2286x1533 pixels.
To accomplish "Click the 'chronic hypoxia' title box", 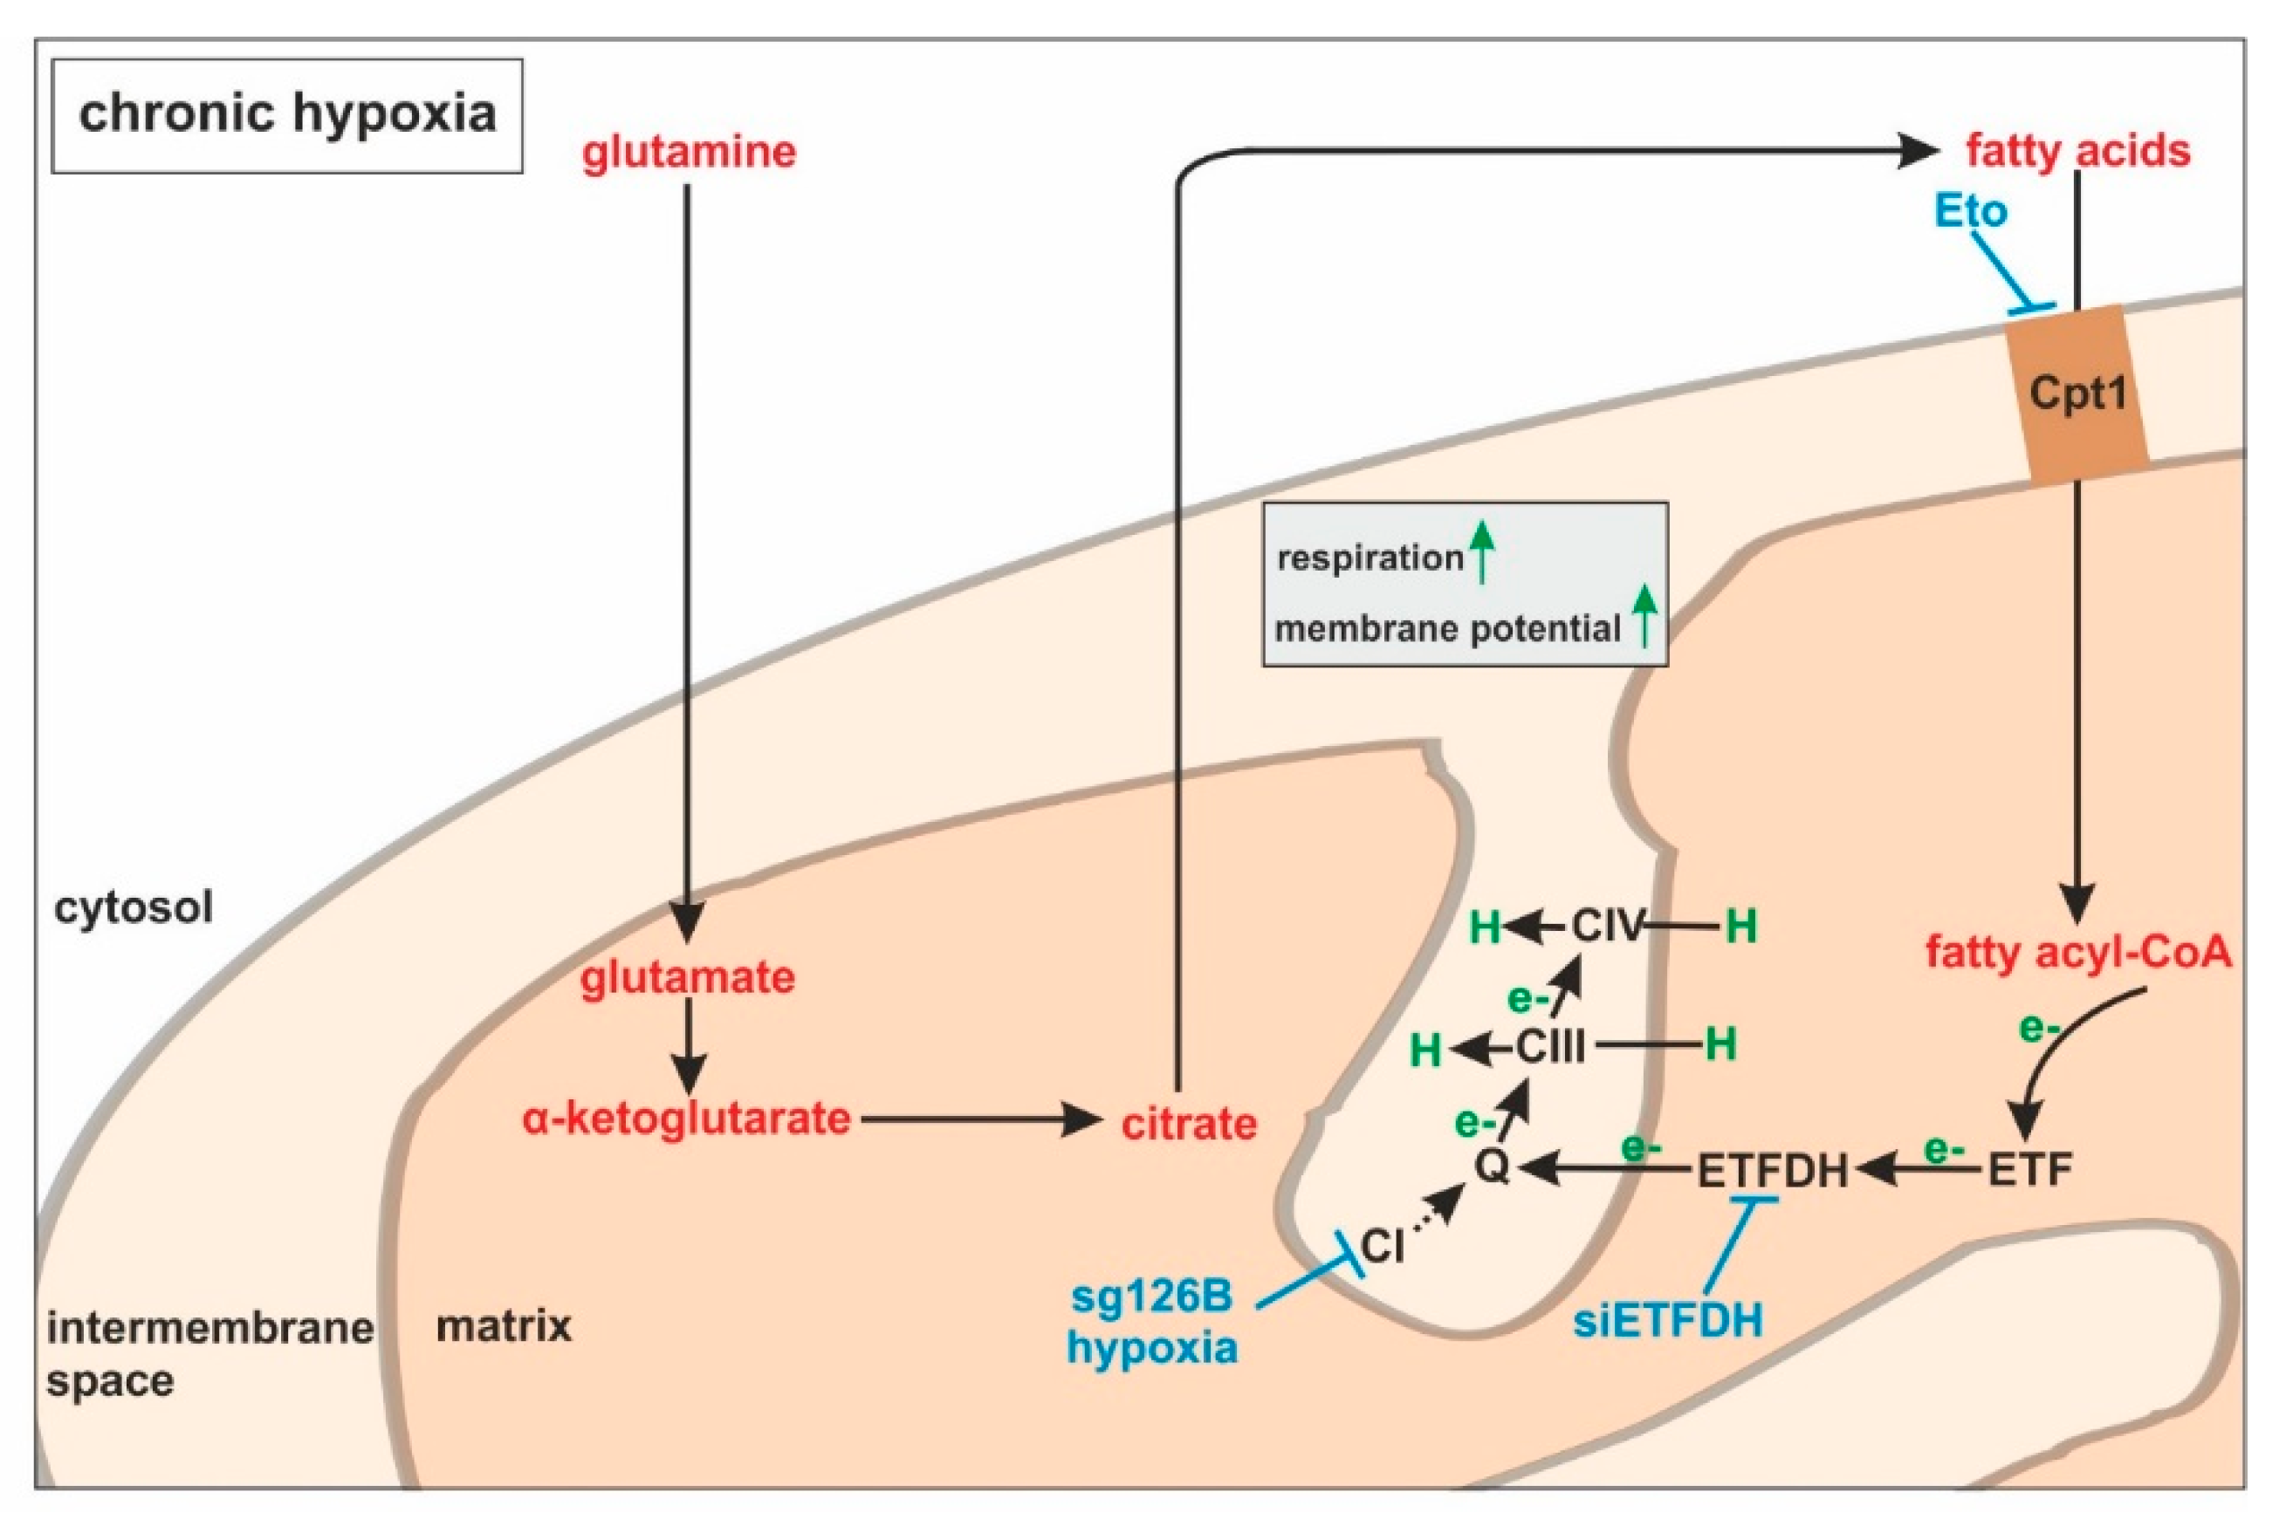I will [x=286, y=115].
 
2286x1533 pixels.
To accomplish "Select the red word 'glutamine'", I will [x=689, y=153].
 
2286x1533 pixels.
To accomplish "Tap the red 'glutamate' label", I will [x=687, y=978].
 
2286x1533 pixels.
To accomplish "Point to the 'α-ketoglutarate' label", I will [x=686, y=1119].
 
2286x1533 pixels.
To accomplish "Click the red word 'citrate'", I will [x=1188, y=1125].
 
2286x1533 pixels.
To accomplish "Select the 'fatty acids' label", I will [x=2077, y=152].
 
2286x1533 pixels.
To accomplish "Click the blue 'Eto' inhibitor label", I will [x=1970, y=211].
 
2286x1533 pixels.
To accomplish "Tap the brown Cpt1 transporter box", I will [x=2077, y=394].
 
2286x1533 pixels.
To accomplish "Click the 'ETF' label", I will [x=2030, y=1169].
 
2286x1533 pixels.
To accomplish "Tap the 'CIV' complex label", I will [x=1609, y=926].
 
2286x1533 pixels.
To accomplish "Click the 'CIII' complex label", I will [x=1551, y=1048].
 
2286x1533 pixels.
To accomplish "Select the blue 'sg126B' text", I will [x=1152, y=1297].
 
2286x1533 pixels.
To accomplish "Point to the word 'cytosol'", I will [x=134, y=907].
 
